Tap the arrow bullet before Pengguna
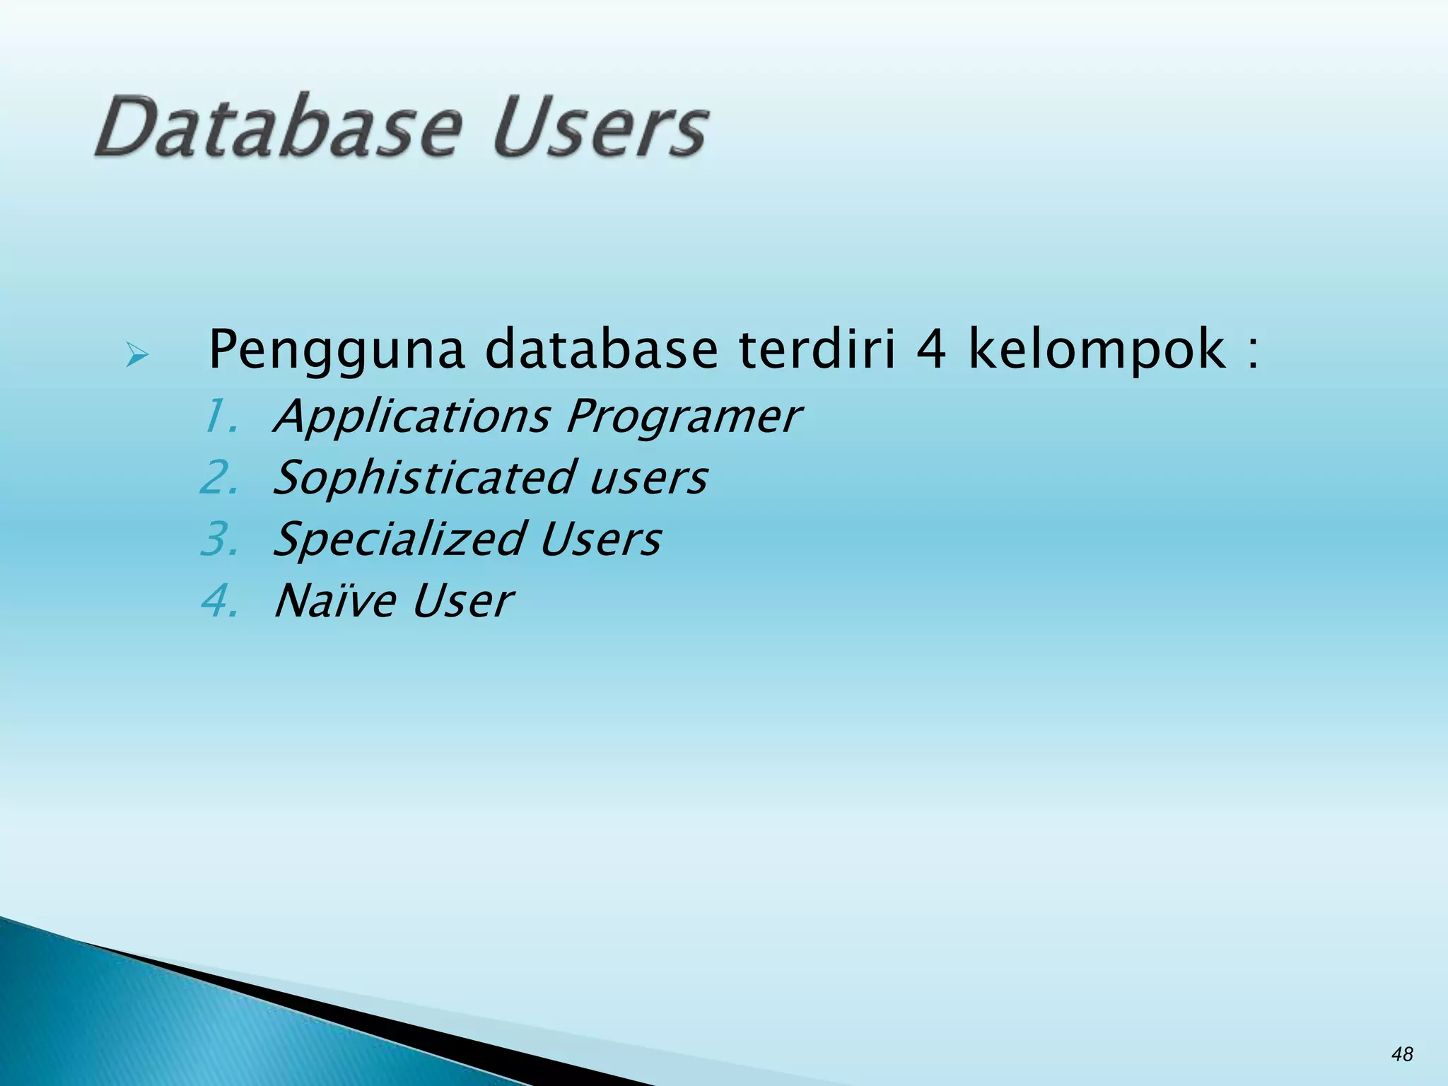[136, 354]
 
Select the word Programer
[683, 417]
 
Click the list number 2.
[219, 478]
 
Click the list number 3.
[219, 539]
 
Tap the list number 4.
[219, 601]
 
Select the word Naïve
[335, 601]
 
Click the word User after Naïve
[462, 601]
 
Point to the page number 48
[1402, 1054]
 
